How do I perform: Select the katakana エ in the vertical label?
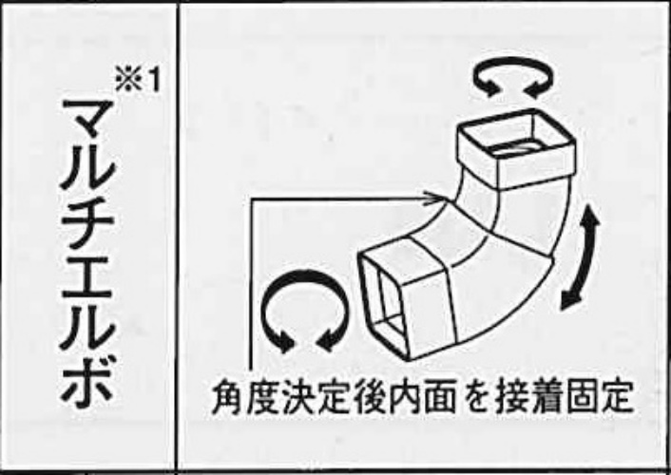click(87, 278)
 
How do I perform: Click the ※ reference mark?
click(128, 81)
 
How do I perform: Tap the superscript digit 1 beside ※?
click(153, 81)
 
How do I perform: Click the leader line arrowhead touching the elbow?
click(433, 199)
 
